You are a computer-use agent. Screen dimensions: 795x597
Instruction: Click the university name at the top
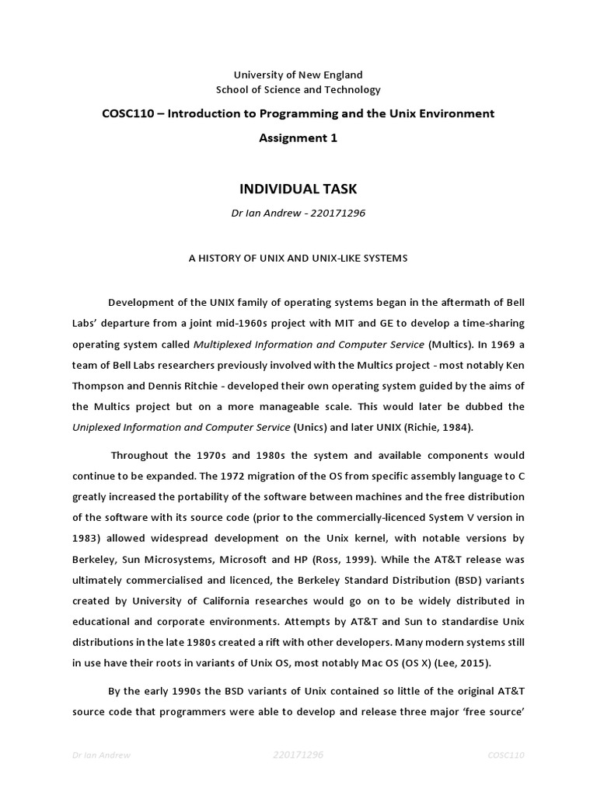pyautogui.click(x=298, y=75)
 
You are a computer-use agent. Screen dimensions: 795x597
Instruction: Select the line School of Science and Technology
pyautogui.click(x=298, y=90)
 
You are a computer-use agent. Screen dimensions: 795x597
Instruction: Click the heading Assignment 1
pyautogui.click(x=298, y=138)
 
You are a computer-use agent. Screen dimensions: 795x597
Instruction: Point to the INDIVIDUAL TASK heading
pyautogui.click(x=298, y=189)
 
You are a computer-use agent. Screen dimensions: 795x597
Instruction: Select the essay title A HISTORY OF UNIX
pyautogui.click(x=298, y=258)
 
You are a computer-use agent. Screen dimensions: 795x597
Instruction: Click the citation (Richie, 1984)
pyautogui.click(x=428, y=426)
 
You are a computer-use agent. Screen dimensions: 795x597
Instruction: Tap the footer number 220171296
pyautogui.click(x=298, y=754)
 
